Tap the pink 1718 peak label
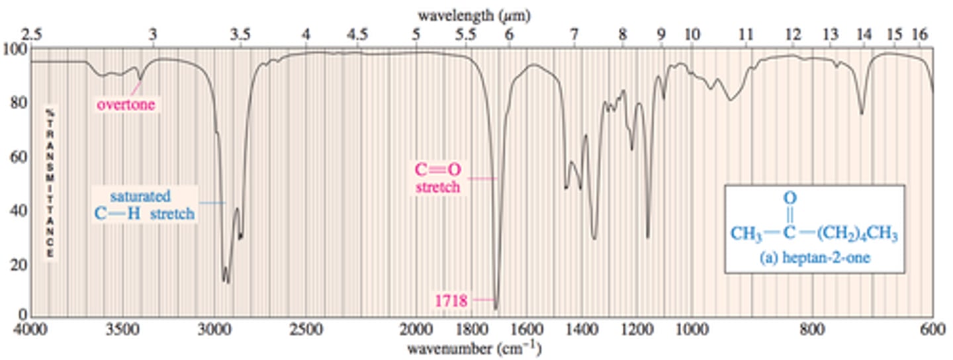[451, 301]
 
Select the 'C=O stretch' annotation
[437, 179]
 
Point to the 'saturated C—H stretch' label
[145, 205]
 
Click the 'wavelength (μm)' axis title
[474, 14]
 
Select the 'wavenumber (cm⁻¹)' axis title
[474, 347]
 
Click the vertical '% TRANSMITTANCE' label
[49, 182]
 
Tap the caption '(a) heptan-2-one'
[814, 259]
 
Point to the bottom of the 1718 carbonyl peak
[496, 308]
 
